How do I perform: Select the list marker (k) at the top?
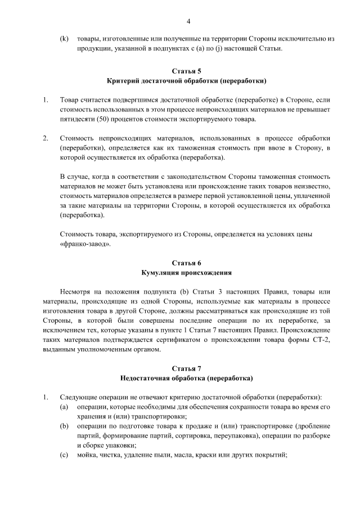64,39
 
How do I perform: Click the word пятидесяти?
77,119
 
